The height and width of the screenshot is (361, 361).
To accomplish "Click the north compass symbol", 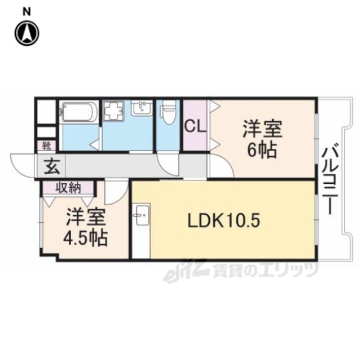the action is (x=27, y=33).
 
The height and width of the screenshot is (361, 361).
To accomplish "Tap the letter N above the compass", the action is (x=27, y=12).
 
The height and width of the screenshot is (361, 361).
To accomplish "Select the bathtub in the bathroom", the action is (x=79, y=112).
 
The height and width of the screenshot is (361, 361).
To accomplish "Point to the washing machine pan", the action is (x=113, y=111).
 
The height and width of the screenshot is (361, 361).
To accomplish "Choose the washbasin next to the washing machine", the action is (x=142, y=108).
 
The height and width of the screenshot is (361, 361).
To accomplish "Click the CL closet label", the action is (x=195, y=126).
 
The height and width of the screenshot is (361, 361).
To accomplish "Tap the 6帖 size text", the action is (x=262, y=149).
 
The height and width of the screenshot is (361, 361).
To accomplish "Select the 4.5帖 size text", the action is (x=85, y=238).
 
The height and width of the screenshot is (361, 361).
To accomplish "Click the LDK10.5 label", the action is (x=224, y=221).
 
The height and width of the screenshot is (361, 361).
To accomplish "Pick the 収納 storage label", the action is (x=68, y=188).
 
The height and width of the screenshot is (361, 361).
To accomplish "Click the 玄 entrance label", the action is (x=52, y=166).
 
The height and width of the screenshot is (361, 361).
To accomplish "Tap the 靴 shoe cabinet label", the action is (x=47, y=146).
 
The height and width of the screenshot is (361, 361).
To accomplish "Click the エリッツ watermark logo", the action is (x=241, y=270).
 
